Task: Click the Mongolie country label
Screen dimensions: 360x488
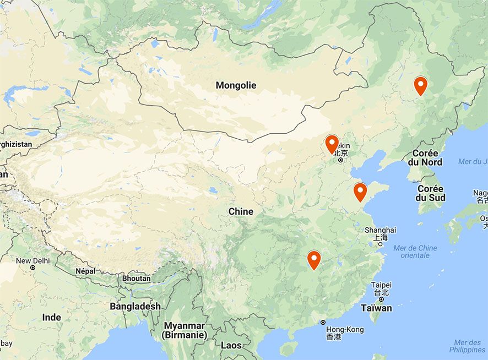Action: point(236,85)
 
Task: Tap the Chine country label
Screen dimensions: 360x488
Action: point(241,211)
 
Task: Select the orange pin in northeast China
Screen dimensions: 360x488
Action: point(420,86)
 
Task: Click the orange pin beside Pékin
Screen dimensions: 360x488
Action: point(332,144)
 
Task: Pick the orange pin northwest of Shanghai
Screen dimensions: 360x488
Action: point(360,192)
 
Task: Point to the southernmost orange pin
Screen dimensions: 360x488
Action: point(314,259)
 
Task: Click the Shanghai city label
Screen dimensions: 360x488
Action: point(380,230)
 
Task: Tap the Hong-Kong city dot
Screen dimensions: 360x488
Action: point(323,322)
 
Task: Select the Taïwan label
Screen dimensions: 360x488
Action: point(377,308)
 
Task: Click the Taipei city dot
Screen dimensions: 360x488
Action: point(381,299)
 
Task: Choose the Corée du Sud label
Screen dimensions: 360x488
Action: point(430,193)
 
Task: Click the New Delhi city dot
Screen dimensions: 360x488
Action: point(33,268)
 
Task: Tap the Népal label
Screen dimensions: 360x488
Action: point(85,271)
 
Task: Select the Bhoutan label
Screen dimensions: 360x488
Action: point(136,279)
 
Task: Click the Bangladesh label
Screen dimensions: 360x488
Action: point(135,306)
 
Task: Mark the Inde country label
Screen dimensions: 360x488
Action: point(52,317)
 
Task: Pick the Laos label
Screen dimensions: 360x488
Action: point(231,345)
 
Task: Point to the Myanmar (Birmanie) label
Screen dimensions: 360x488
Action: point(185,330)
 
